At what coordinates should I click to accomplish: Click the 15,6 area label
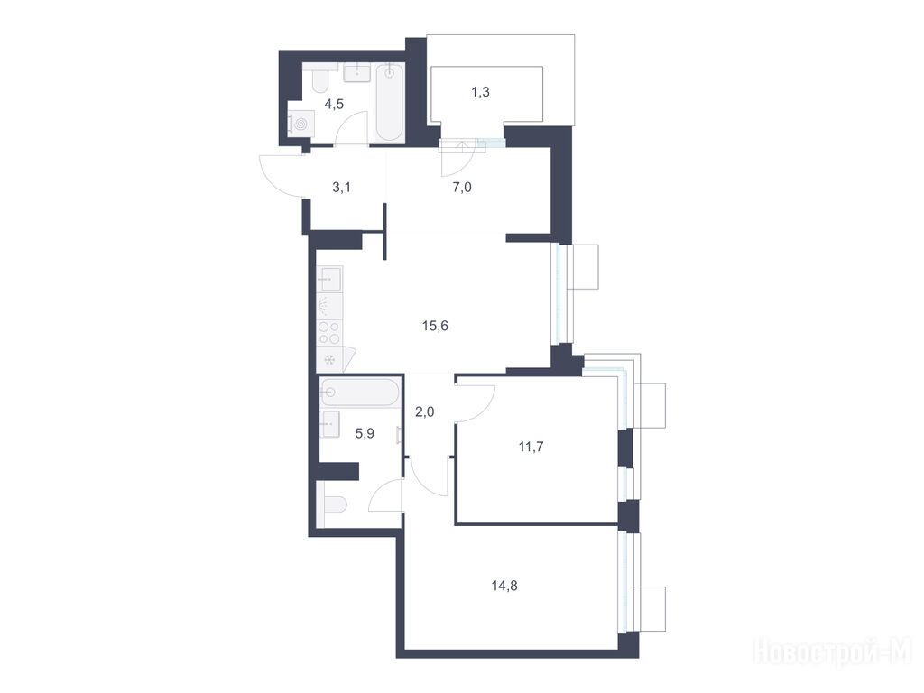point(436,325)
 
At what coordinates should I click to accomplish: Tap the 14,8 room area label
point(504,586)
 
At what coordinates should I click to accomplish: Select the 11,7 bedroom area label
point(531,447)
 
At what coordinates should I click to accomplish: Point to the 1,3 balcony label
point(481,92)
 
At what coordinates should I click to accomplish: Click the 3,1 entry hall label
point(342,188)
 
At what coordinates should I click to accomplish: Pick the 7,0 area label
point(462,188)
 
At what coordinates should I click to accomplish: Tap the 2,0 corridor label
point(425,411)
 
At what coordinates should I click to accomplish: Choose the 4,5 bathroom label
point(334,105)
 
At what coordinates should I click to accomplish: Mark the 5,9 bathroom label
point(365,434)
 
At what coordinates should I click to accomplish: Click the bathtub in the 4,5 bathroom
point(389,103)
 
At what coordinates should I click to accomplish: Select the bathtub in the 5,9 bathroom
point(360,393)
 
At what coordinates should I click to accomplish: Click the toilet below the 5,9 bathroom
point(334,505)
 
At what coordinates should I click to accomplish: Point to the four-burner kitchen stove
point(329,333)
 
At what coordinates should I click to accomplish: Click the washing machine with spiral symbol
point(300,124)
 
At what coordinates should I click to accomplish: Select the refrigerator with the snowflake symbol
point(330,359)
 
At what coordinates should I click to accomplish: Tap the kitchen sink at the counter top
point(330,278)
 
